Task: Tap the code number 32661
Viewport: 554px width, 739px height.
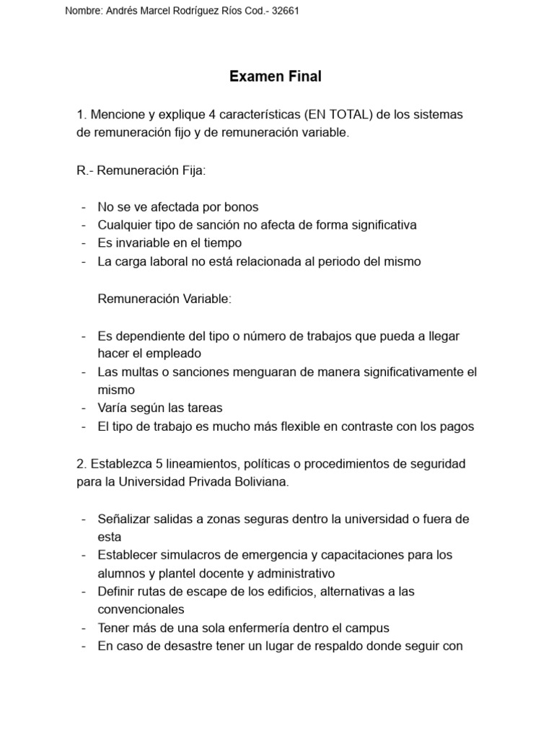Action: (x=286, y=12)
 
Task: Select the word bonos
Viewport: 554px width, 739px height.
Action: (x=241, y=207)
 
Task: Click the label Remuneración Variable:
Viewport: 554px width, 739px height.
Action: (x=165, y=298)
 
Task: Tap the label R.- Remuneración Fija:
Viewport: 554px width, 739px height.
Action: (x=141, y=170)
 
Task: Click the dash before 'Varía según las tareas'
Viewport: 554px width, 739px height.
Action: (x=84, y=408)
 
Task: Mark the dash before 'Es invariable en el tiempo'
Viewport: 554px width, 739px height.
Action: (x=84, y=243)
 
